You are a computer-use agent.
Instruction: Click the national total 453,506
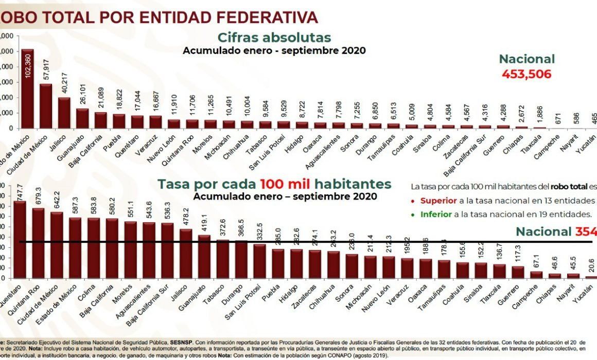(x=526, y=75)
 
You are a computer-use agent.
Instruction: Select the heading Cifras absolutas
(x=274, y=38)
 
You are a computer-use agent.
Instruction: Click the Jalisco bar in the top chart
(x=64, y=113)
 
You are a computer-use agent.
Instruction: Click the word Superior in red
(x=438, y=201)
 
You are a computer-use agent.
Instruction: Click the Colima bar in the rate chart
(x=94, y=248)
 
